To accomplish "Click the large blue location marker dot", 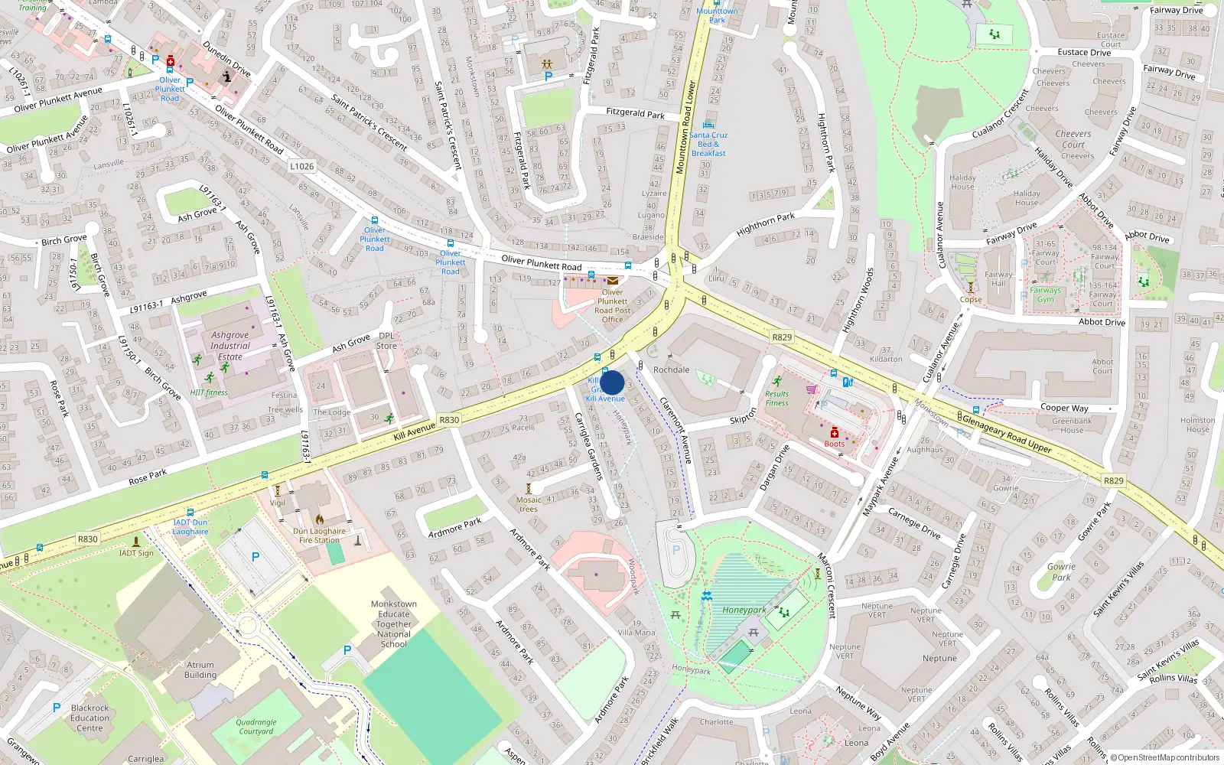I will (x=612, y=382).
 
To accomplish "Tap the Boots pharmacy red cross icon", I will (x=835, y=433).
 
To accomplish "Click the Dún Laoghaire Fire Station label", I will (x=319, y=535).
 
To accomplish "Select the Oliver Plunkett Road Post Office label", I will (x=612, y=306).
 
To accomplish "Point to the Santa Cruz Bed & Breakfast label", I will (x=708, y=144).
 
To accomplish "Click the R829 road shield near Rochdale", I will (x=782, y=337).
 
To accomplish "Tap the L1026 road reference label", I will (x=301, y=166).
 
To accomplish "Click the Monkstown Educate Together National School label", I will (x=393, y=623).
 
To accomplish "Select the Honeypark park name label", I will (x=744, y=610).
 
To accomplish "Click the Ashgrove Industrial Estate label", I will (x=229, y=346).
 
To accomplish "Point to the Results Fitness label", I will (x=776, y=399).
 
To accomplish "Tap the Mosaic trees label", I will (x=528, y=504).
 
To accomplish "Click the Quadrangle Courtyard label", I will (x=256, y=726).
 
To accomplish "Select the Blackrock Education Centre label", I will (x=90, y=718).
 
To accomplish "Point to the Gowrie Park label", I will (x=1061, y=571).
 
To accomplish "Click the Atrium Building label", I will (x=200, y=669).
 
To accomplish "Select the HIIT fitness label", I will (x=209, y=392).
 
